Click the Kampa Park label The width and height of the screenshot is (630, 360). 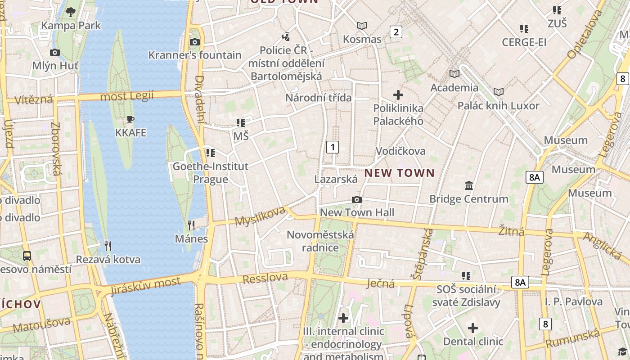pos(71,26)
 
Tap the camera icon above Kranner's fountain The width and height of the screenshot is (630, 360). pos(194,42)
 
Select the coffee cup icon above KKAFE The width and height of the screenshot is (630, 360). pos(130,120)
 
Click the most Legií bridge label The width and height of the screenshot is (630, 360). pos(126,96)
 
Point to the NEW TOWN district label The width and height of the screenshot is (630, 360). pos(400,173)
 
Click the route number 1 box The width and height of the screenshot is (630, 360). pos(333,147)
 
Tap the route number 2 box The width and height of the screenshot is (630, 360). pos(396,31)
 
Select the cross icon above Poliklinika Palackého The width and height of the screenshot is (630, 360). pos(398,95)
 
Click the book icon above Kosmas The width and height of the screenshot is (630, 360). pos(362,26)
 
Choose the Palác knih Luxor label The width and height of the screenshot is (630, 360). pos(498,106)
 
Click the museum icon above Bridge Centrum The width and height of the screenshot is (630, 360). pos(469,185)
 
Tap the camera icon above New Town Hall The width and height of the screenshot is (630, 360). pos(356,199)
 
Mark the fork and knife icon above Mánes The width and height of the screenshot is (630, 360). pos(191,225)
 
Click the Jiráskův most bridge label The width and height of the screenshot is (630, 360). pos(145,284)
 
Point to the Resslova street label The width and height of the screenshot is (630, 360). pos(265,278)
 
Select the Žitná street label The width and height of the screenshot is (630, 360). pos(511,231)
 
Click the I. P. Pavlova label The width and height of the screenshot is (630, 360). pos(573,301)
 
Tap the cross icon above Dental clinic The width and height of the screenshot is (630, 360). pos(473,328)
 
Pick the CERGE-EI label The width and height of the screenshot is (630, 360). pos(524,42)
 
